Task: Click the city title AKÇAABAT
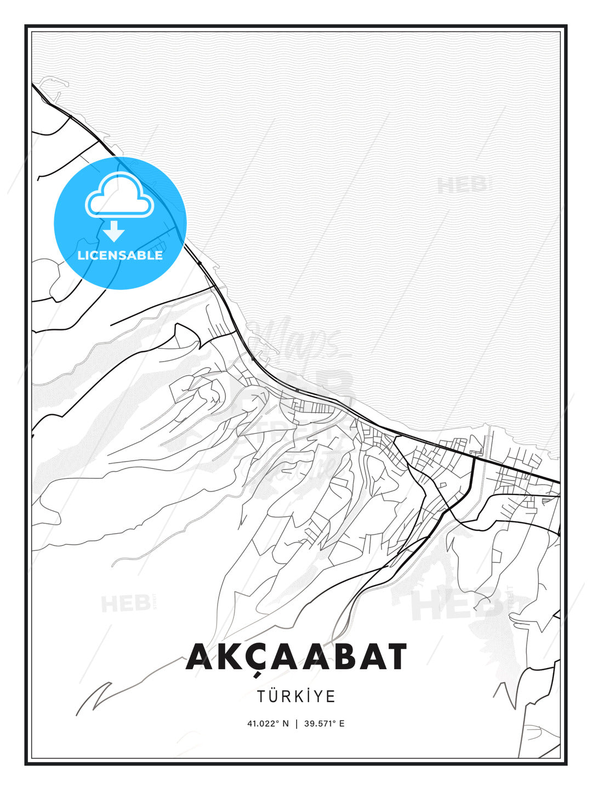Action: tap(296, 657)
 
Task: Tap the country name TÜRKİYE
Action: tap(296, 696)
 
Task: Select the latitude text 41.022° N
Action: tap(267, 724)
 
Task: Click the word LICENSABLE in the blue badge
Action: tap(120, 255)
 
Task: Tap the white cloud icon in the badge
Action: tap(119, 196)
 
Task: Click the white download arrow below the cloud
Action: tap(114, 231)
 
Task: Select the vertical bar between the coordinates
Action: tap(297, 724)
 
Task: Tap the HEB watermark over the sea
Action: tap(462, 185)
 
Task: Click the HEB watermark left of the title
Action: tap(126, 603)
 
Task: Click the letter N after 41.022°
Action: tap(286, 724)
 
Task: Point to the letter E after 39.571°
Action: tap(342, 724)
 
